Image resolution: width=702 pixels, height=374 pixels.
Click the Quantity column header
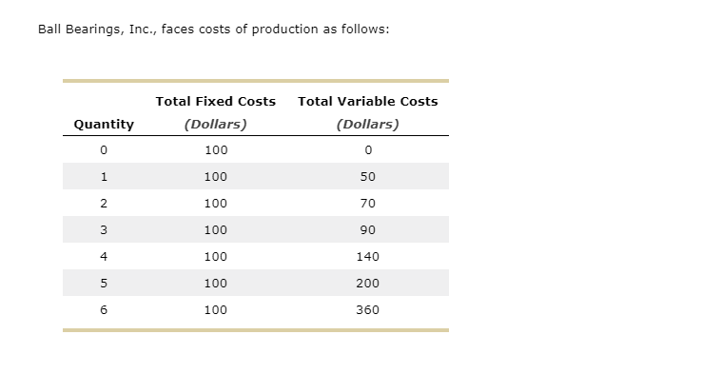104,124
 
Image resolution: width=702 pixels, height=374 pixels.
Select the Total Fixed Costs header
215,101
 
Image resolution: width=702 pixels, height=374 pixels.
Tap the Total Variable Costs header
368,101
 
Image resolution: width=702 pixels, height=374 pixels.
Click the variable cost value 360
368,309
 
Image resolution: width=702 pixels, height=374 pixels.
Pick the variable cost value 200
368,283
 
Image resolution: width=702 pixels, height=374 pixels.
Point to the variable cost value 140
368,256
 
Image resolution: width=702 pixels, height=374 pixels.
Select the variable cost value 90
368,229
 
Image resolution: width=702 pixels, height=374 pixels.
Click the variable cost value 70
368,203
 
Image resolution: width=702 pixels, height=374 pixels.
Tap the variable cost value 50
368,176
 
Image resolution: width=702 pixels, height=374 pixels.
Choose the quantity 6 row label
104,309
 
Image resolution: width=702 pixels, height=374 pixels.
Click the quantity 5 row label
104,283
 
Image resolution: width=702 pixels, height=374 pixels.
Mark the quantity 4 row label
104,256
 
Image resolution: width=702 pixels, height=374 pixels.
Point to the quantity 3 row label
104,229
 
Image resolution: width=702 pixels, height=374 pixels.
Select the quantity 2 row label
104,203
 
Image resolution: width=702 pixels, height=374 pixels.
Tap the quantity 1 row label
104,176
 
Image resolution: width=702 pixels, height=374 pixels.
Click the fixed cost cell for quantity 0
216,149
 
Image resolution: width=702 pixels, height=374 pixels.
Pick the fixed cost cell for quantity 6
216,309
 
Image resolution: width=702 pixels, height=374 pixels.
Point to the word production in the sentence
284,29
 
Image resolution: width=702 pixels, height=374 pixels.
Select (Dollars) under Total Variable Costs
368,124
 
